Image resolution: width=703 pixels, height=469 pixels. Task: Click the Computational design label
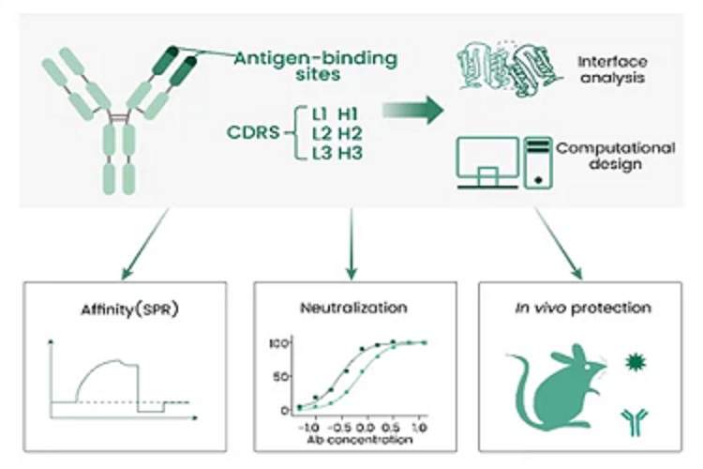point(614,157)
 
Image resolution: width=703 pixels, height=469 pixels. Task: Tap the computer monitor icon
point(487,161)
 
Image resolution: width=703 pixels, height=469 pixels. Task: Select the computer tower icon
point(537,162)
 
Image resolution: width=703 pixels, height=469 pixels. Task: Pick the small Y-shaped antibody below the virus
point(635,418)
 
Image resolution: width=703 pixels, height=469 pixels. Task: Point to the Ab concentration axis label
point(358,439)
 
